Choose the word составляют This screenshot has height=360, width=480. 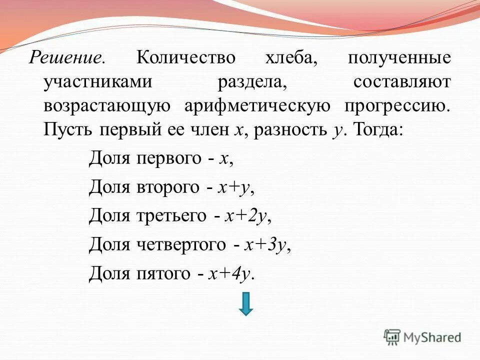[401, 82]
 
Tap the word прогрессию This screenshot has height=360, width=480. [397, 105]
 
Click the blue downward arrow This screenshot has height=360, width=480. [245, 304]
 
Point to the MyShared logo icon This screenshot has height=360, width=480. [392, 337]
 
